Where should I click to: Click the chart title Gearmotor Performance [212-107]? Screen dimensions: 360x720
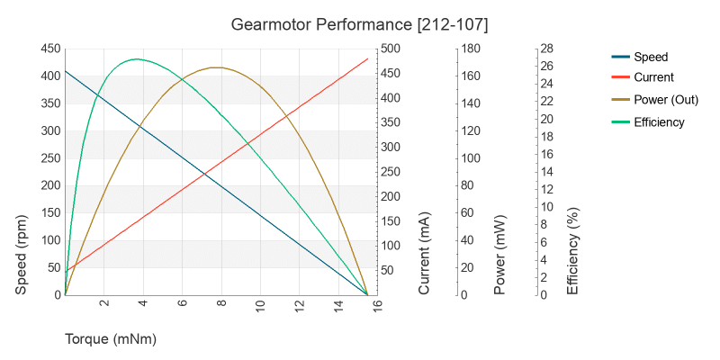click(x=360, y=22)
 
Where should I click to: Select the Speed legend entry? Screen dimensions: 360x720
click(x=650, y=57)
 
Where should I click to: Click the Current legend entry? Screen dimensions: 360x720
click(x=653, y=77)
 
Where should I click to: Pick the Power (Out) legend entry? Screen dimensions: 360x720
click(x=666, y=100)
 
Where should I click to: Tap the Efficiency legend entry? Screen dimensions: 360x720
click(x=659, y=122)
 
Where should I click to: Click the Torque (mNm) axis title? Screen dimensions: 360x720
click(x=111, y=339)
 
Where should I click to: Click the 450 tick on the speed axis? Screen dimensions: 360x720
click(x=49, y=49)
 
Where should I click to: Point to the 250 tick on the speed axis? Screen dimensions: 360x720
click(x=49, y=158)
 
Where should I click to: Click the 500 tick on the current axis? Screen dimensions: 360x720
click(x=392, y=49)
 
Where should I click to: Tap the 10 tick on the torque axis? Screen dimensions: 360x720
click(x=261, y=305)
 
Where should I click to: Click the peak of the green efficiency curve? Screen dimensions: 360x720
click(x=135, y=59)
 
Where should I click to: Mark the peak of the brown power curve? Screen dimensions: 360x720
click(x=216, y=67)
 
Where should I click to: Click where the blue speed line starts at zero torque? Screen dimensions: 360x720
click(x=65, y=70)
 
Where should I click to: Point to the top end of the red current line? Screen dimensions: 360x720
click(x=368, y=58)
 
